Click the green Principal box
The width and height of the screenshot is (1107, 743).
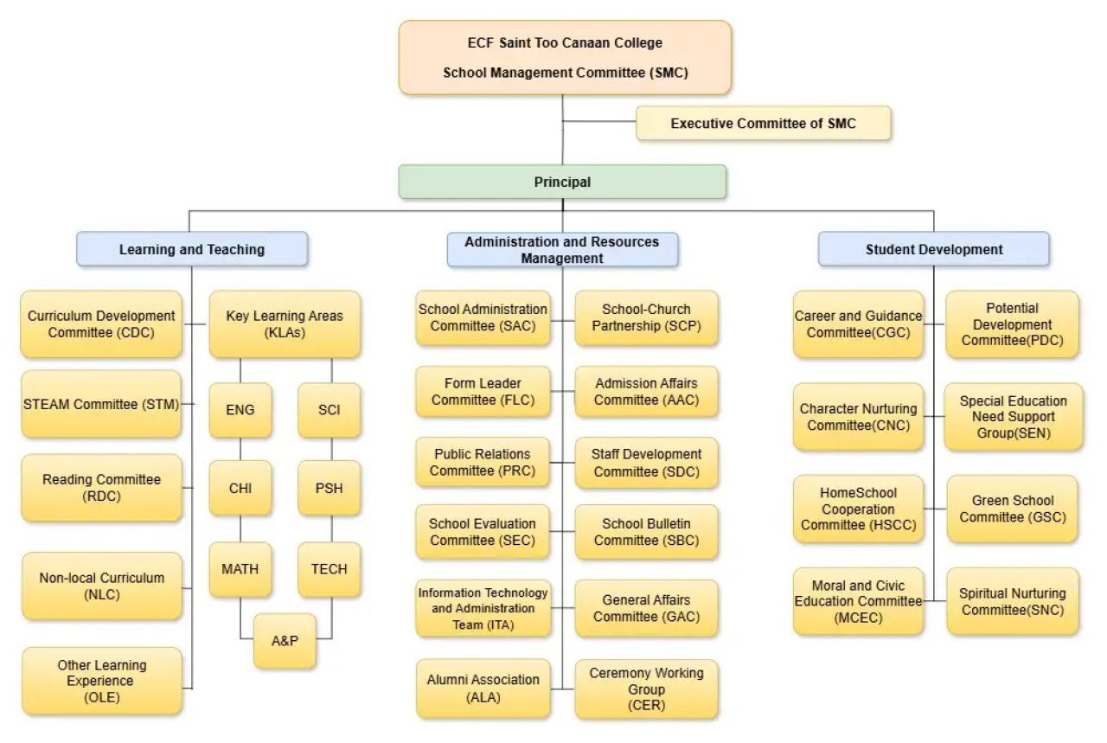(562, 182)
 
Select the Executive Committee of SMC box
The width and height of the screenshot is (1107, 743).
(763, 123)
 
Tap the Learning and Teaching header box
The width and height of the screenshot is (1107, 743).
(192, 249)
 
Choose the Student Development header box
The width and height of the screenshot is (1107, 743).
(933, 249)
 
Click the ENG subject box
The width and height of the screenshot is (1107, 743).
(240, 410)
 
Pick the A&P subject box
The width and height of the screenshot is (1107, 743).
(285, 641)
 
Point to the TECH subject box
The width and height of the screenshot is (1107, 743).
(330, 569)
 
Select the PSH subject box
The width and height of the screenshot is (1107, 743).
(330, 489)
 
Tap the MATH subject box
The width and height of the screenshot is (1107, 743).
(240, 569)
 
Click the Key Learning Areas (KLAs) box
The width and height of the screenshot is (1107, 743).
(285, 324)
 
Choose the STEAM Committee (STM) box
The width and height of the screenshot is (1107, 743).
(101, 405)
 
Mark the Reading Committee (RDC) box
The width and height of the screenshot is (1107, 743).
(101, 488)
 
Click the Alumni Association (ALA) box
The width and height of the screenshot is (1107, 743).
(483, 689)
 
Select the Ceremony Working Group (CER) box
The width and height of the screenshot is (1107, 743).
(646, 689)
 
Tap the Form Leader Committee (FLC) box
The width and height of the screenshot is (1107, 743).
(483, 392)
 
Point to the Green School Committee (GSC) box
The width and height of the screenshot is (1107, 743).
(1013, 509)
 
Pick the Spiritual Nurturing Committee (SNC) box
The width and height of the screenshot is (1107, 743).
(1013, 601)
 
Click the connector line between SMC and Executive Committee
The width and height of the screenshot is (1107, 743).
(599, 121)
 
